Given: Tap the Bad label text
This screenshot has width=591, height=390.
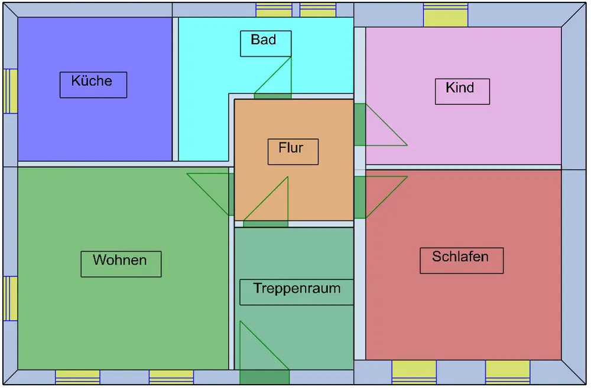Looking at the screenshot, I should click(x=264, y=40).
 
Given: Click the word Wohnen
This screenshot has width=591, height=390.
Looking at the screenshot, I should click(x=120, y=260).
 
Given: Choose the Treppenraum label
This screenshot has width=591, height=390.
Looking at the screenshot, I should click(x=297, y=289).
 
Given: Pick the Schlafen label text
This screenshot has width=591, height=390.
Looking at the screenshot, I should click(x=460, y=257).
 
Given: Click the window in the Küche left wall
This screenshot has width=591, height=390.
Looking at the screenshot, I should click(x=11, y=91).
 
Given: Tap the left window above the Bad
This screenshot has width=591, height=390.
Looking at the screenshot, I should click(x=274, y=10).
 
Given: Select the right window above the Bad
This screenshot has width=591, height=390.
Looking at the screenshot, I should click(x=318, y=10).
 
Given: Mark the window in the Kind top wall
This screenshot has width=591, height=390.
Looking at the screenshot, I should click(x=446, y=15).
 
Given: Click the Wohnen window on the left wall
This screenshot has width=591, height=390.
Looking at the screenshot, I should click(x=11, y=298).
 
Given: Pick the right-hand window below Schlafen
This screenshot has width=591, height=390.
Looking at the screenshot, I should click(x=508, y=372).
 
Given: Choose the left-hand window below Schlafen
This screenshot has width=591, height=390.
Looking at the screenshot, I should click(x=414, y=372).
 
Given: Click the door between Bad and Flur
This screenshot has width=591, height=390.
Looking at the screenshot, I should click(x=272, y=96).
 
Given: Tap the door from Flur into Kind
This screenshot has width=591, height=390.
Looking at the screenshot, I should click(x=359, y=125).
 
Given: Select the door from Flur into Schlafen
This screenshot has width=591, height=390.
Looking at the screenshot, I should click(x=359, y=197).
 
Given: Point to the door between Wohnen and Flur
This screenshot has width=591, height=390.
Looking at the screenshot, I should click(x=231, y=194).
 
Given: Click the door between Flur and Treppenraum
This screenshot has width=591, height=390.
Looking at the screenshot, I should click(x=265, y=223).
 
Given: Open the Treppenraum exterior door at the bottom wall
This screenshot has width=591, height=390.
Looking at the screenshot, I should click(x=264, y=377).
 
